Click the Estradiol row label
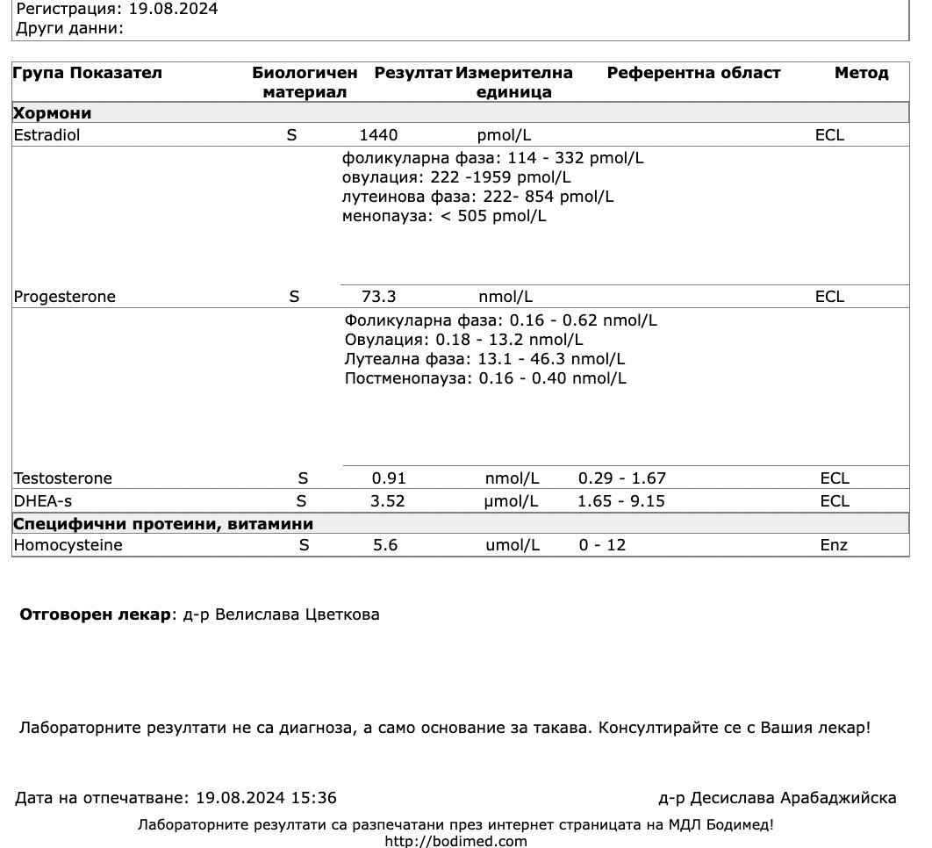(47, 135)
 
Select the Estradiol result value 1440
(378, 135)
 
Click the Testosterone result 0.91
(389, 478)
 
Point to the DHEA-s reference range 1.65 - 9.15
(620, 501)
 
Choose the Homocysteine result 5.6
(385, 545)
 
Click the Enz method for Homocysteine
(833, 545)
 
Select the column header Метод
(861, 73)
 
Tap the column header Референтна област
(693, 73)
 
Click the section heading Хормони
(52, 113)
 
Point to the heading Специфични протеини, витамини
(163, 524)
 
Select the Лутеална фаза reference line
(484, 359)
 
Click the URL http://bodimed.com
(455, 841)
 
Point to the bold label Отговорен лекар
(95, 614)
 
